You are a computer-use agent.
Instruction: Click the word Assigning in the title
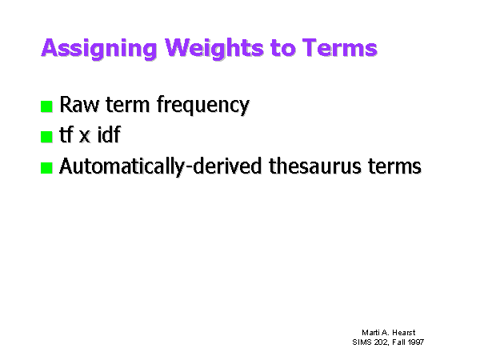tap(99, 48)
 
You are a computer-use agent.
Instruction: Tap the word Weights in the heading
tap(214, 48)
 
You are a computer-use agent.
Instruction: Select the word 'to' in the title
tap(283, 48)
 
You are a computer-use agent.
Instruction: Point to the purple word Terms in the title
tap(340, 48)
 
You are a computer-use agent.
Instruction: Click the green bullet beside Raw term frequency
tap(46, 106)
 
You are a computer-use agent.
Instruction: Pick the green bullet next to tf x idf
tap(46, 137)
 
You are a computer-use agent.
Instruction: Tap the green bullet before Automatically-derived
tap(46, 168)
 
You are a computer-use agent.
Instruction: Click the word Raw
tap(79, 104)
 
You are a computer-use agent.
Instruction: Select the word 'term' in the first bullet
tap(127, 105)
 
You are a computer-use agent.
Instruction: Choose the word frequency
tap(203, 106)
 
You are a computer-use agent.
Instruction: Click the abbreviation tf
tap(66, 134)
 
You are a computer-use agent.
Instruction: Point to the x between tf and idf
tap(85, 137)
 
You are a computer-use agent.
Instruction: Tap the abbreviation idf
tap(109, 134)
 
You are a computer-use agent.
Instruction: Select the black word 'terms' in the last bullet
tap(394, 166)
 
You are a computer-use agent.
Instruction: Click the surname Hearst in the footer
tap(404, 333)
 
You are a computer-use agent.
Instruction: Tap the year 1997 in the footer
tap(416, 342)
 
